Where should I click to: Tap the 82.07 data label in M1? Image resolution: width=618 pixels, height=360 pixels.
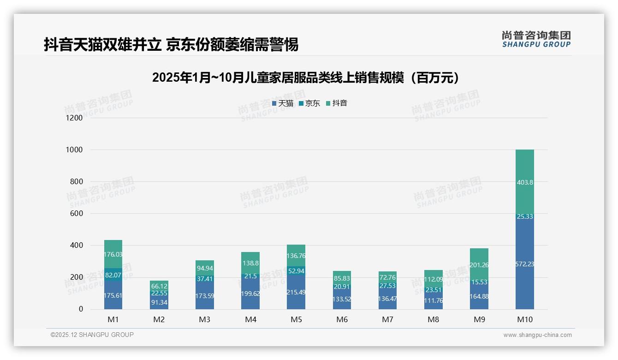tap(113, 275)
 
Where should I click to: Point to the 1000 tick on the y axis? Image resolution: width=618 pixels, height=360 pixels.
tap(74, 150)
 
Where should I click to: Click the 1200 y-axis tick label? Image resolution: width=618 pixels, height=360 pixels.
tap(74, 118)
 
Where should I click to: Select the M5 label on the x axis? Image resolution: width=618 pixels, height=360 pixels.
tap(296, 319)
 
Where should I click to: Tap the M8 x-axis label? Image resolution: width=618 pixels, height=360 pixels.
tap(433, 319)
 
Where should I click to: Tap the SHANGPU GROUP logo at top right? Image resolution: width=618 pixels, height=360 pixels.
tap(536, 39)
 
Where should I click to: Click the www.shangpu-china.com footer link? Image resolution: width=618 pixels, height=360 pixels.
tap(537, 335)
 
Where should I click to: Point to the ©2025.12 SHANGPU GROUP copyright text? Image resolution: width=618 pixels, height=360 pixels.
tap(92, 335)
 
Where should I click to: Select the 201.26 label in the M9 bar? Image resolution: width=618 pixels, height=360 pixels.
tap(479, 265)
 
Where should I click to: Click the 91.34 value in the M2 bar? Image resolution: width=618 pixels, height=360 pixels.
tap(159, 302)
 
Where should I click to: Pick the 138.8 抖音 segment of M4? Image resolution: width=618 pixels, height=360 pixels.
tap(250, 262)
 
